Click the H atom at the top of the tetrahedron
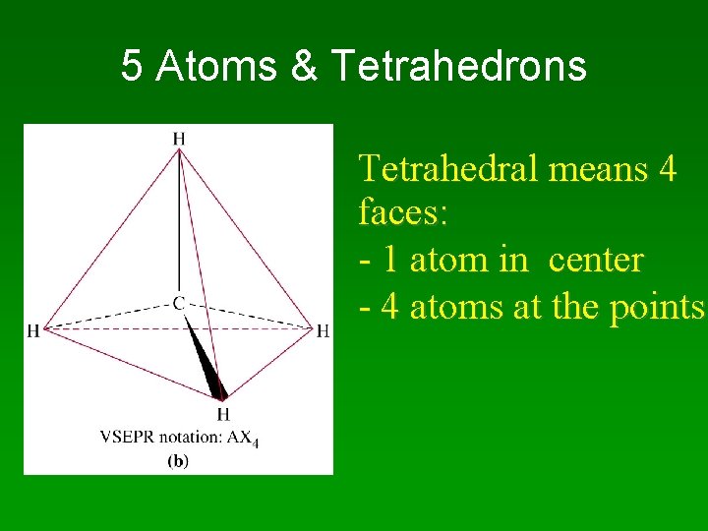click(178, 139)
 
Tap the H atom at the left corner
click(33, 330)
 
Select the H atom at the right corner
click(323, 330)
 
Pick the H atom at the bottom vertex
click(223, 414)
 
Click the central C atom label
click(179, 304)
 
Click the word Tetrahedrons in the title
click(459, 67)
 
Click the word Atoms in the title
click(218, 67)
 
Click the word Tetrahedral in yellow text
click(448, 169)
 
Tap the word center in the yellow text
click(595, 260)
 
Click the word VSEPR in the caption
click(123, 437)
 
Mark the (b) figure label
click(178, 459)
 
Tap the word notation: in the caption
click(187, 437)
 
